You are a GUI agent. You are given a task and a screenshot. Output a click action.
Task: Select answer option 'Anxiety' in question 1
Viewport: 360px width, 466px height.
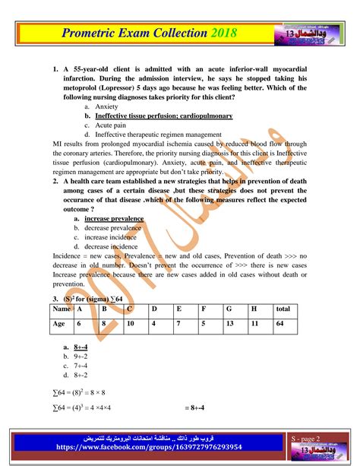pos(106,107)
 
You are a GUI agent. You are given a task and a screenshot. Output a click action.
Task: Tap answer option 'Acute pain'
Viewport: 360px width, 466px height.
pos(111,125)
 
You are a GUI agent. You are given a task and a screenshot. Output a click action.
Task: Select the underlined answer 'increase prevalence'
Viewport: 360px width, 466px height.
pos(114,218)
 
